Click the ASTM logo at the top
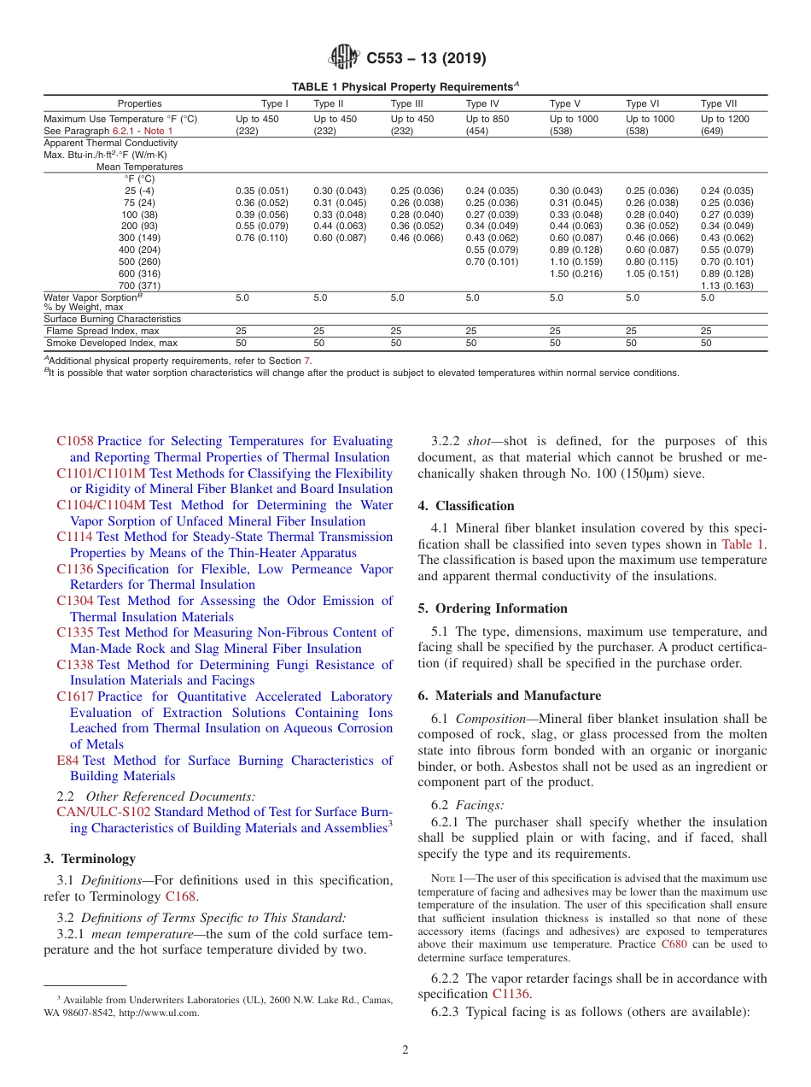tap(345, 58)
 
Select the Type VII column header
tap(719, 103)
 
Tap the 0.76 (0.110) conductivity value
tap(261, 238)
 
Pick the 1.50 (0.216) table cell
tap(576, 273)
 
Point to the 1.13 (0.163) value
tap(727, 285)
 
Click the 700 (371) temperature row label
tap(139, 285)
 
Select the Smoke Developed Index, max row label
tap(112, 343)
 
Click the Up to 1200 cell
tap(725, 119)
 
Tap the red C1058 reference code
tap(75, 442)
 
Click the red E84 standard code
tap(67, 761)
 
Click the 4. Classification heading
tap(466, 506)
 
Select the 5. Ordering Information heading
tap(493, 608)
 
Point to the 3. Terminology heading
tap(90, 859)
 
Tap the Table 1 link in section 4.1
tap(743, 543)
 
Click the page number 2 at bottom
tap(405, 1050)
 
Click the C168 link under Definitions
tap(180, 896)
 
